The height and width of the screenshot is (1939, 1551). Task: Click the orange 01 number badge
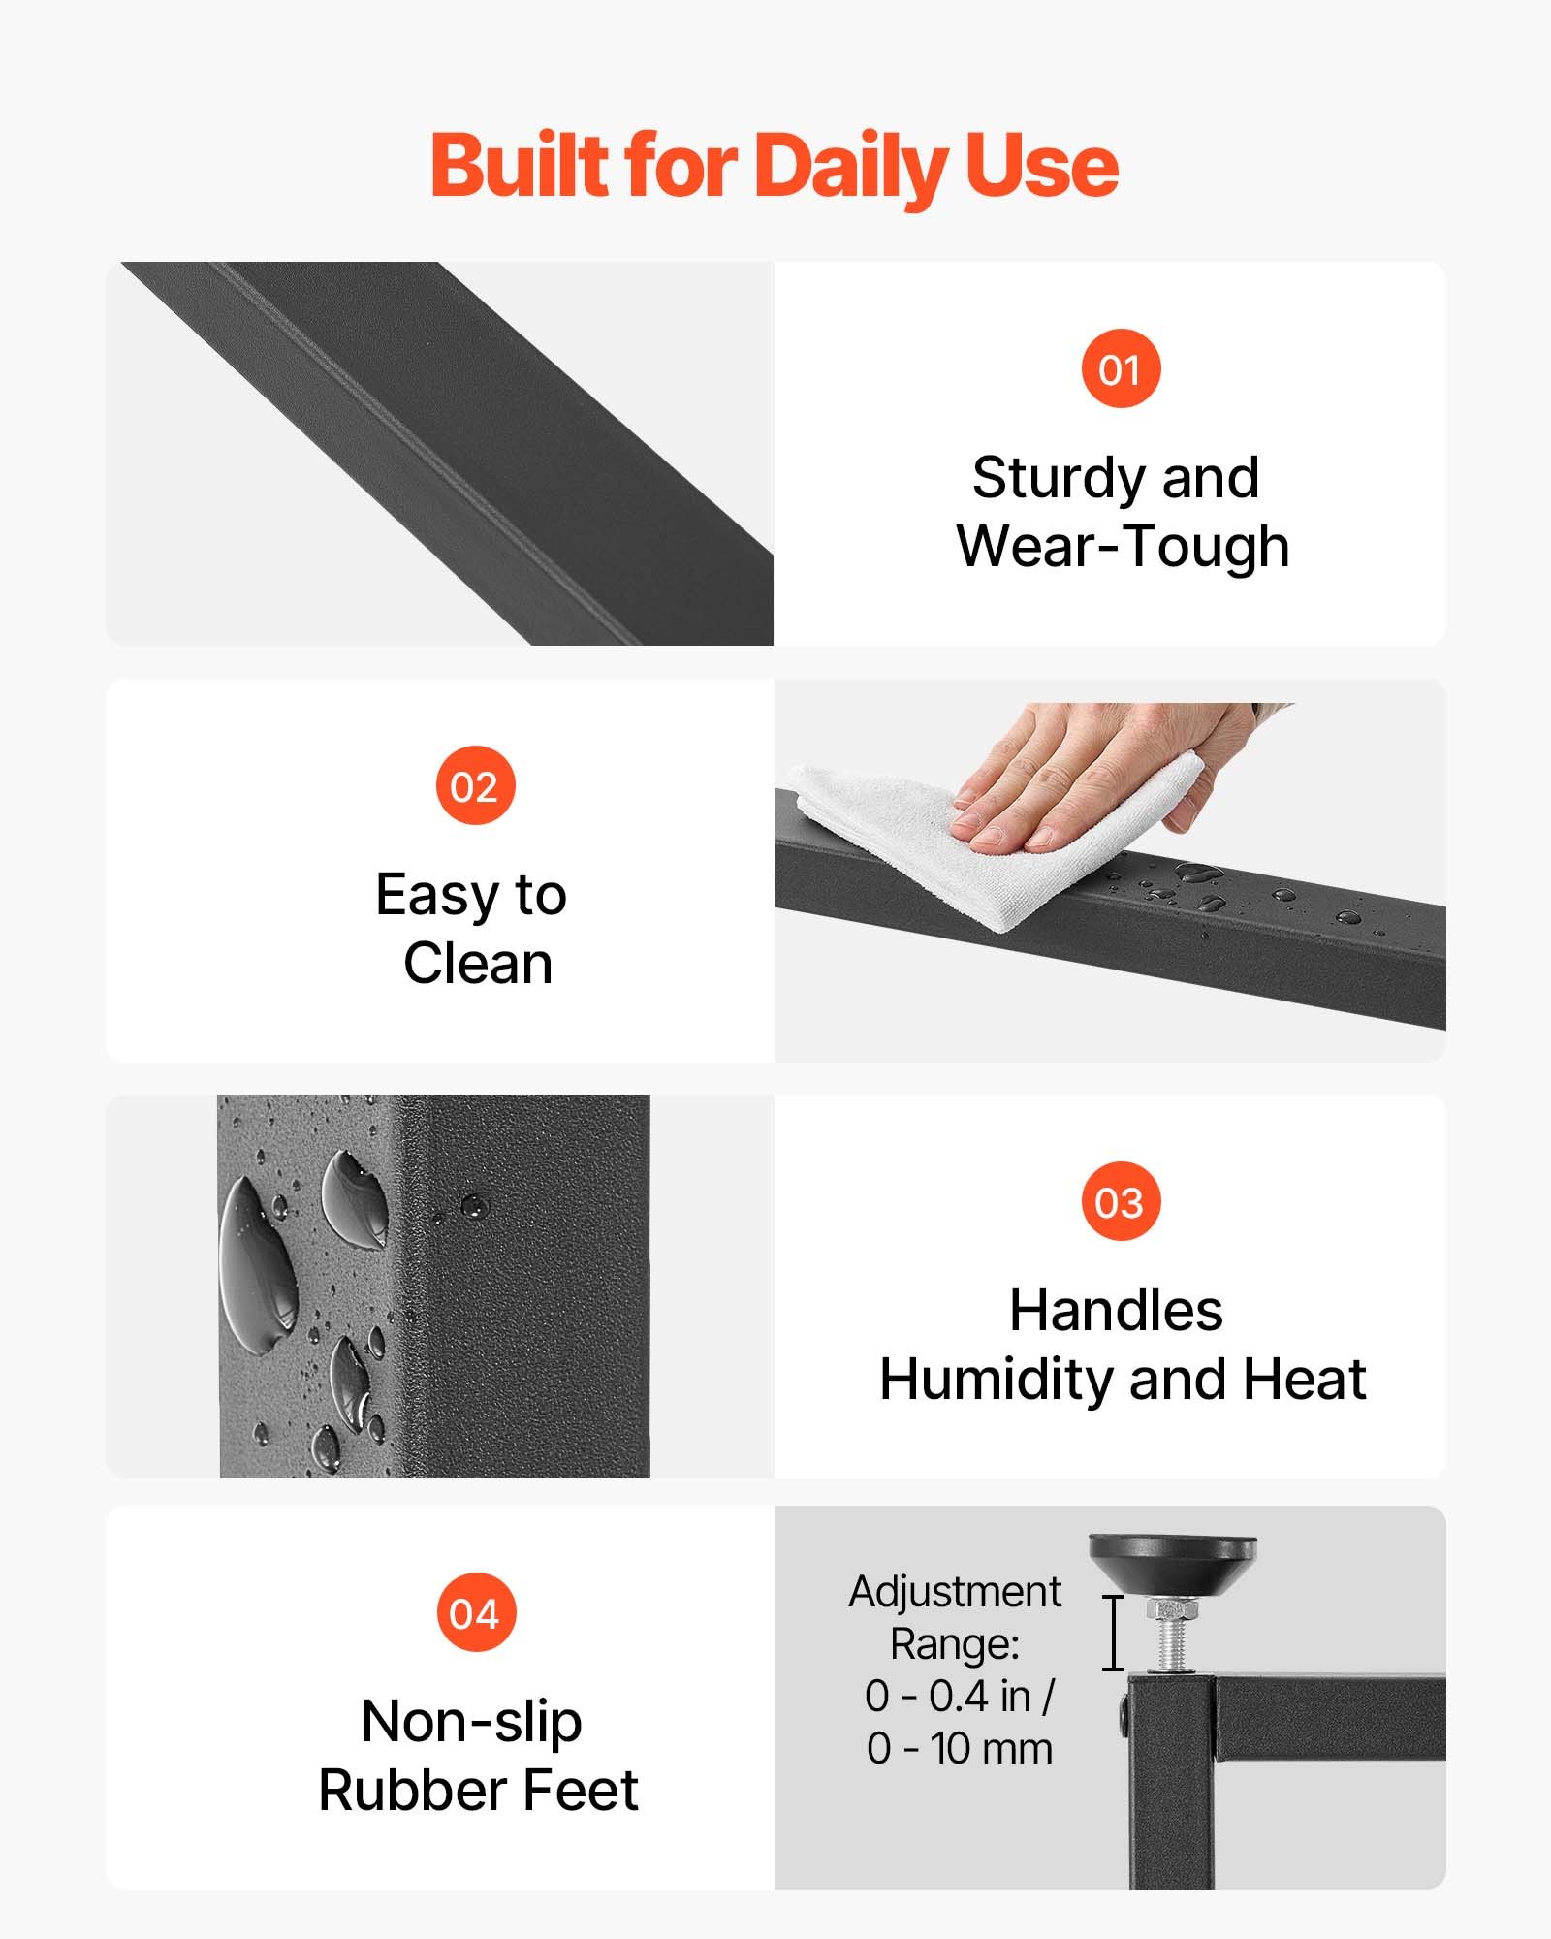coord(1121,368)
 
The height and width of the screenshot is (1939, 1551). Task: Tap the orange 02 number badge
coord(475,785)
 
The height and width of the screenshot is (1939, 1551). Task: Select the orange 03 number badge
coord(1121,1201)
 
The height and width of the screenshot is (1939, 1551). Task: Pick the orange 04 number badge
coord(475,1613)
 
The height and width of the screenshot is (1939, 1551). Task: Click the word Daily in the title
coord(850,167)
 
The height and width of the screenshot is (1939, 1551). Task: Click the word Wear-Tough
coord(1123,546)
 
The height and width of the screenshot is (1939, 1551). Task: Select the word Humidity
coord(997,1381)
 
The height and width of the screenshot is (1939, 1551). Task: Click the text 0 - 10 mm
coord(960,1749)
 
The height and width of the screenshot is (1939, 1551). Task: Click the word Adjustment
coord(956,1592)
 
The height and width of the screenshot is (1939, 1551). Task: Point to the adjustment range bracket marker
coord(1114,1633)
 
